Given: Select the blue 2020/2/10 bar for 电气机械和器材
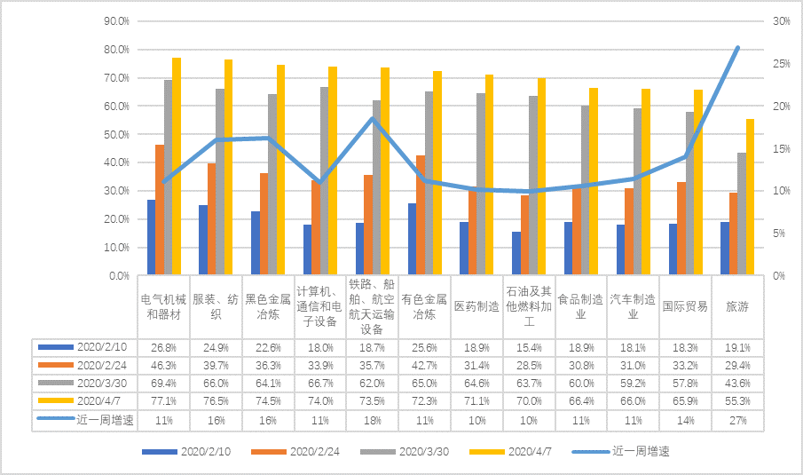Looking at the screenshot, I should tap(151, 238).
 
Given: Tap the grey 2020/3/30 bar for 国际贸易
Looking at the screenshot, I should tap(689, 194).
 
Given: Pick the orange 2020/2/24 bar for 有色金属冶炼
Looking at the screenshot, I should tap(421, 216).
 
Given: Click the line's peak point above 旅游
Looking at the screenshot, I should tap(737, 47).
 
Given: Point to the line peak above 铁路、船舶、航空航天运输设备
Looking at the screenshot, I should tap(373, 119).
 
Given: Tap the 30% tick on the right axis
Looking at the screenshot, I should tap(781, 20).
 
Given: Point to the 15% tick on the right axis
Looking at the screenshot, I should tap(781, 148).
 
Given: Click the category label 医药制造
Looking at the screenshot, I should tap(476, 306).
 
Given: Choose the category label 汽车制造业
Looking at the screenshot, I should tap(634, 306).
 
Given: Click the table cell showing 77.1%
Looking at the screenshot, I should tap(163, 401).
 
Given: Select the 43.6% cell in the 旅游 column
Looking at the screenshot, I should tap(738, 383).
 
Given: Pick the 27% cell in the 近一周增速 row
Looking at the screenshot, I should tap(738, 420).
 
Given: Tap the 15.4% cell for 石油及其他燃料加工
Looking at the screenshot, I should tap(529, 347).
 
